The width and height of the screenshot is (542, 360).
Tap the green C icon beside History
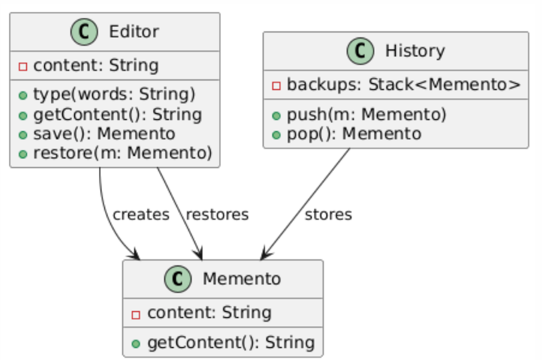point(361,51)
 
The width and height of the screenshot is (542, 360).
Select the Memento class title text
point(242,280)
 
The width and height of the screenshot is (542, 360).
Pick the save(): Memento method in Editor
point(104,134)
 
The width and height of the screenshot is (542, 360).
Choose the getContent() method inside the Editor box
point(117,115)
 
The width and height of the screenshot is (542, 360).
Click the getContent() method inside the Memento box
point(230,343)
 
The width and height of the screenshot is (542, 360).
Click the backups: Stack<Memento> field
point(404,85)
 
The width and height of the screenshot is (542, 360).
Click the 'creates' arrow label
point(141,214)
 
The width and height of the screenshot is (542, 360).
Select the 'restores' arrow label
point(217,214)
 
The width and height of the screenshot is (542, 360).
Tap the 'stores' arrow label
point(328,214)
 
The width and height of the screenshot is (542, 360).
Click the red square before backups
point(276,85)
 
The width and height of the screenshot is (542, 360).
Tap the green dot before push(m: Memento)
point(276,115)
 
